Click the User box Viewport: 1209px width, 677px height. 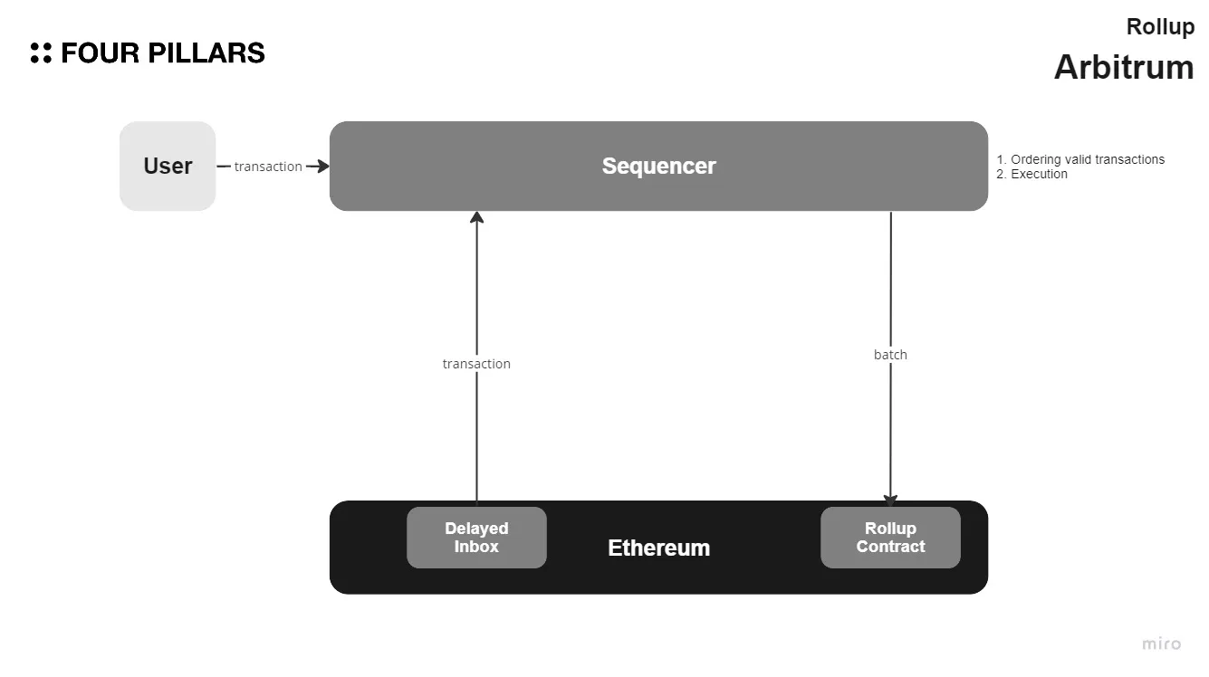click(168, 167)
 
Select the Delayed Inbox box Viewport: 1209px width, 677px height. click(476, 538)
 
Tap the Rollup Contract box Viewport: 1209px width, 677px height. click(890, 538)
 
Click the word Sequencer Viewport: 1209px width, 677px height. click(658, 167)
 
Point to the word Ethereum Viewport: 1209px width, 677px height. click(658, 548)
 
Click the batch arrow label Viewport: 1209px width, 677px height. click(890, 355)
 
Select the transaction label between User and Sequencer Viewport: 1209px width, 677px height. click(268, 167)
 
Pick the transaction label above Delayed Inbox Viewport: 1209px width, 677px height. click(476, 364)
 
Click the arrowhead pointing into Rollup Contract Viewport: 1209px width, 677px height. click(890, 501)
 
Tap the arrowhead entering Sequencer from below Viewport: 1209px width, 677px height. click(476, 217)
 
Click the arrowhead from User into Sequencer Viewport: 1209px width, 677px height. click(321, 167)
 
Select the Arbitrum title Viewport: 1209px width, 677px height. click(1124, 68)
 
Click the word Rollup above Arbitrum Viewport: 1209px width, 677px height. click(1160, 27)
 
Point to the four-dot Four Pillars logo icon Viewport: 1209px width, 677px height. click(41, 52)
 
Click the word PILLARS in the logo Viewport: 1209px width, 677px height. click(206, 53)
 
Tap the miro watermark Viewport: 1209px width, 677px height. click(1161, 644)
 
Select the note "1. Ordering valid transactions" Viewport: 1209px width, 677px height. click(1080, 159)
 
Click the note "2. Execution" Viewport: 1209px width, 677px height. click(1032, 174)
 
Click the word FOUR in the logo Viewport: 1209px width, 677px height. click(100, 53)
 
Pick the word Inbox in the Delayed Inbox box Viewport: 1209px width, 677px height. click(476, 547)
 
